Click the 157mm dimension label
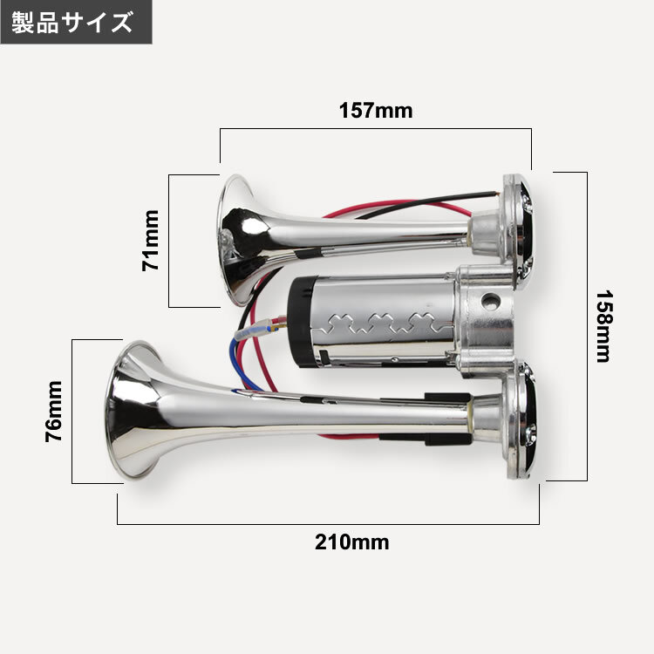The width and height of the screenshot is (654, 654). [376, 111]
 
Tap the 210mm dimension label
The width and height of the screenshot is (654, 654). [352, 542]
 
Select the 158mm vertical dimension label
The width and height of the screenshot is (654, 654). [603, 326]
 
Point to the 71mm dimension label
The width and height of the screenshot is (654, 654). [151, 241]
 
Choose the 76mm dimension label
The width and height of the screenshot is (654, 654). [54, 412]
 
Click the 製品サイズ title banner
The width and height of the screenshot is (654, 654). [76, 22]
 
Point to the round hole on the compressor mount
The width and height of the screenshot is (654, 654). [490, 301]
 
